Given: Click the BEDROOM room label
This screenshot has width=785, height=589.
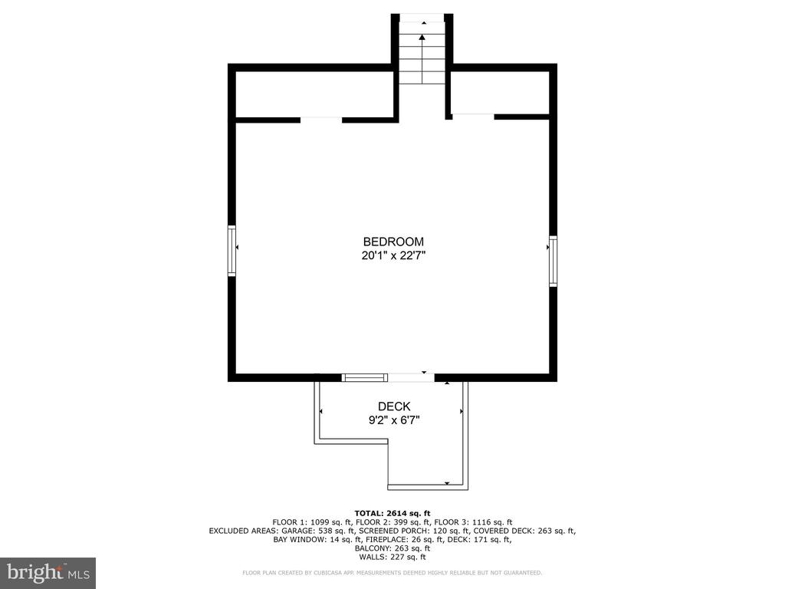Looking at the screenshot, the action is pyautogui.click(x=393, y=242).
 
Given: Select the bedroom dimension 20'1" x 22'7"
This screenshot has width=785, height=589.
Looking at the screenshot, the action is pyautogui.click(x=393, y=255).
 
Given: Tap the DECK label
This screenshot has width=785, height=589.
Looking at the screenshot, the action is pyautogui.click(x=394, y=406).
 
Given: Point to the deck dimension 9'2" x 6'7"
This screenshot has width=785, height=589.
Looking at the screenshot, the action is pyautogui.click(x=394, y=420).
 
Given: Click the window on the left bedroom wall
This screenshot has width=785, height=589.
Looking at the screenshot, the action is pyautogui.click(x=232, y=251).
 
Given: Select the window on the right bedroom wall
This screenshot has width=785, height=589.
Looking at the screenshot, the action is pyautogui.click(x=553, y=261).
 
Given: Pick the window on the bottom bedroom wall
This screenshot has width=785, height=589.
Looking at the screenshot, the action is pyautogui.click(x=364, y=377).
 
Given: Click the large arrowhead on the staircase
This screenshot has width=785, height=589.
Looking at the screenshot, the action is pyautogui.click(x=422, y=37).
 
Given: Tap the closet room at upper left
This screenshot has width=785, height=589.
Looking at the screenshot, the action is pyautogui.click(x=314, y=94).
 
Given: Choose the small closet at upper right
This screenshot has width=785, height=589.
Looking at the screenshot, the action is pyautogui.click(x=500, y=93).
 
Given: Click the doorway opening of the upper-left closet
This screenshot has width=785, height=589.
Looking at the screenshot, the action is pyautogui.click(x=321, y=120).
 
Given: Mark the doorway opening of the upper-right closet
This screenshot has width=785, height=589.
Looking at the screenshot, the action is pyautogui.click(x=473, y=117).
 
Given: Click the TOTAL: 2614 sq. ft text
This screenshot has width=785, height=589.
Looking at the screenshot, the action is pyautogui.click(x=392, y=513).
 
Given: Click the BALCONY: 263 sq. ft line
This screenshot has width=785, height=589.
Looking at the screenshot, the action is pyautogui.click(x=392, y=548).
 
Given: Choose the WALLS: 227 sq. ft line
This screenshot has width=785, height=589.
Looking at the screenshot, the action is pyautogui.click(x=392, y=557).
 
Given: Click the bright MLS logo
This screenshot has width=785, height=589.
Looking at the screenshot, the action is pyautogui.click(x=48, y=573).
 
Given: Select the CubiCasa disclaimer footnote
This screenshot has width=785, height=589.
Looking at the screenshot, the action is pyautogui.click(x=392, y=572).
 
